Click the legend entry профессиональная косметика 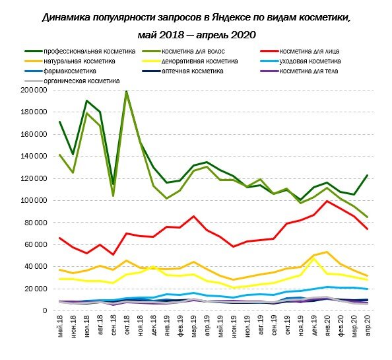click(89, 51)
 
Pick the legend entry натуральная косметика click(80, 61)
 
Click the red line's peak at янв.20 click(327, 201)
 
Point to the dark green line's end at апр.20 click(366, 175)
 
